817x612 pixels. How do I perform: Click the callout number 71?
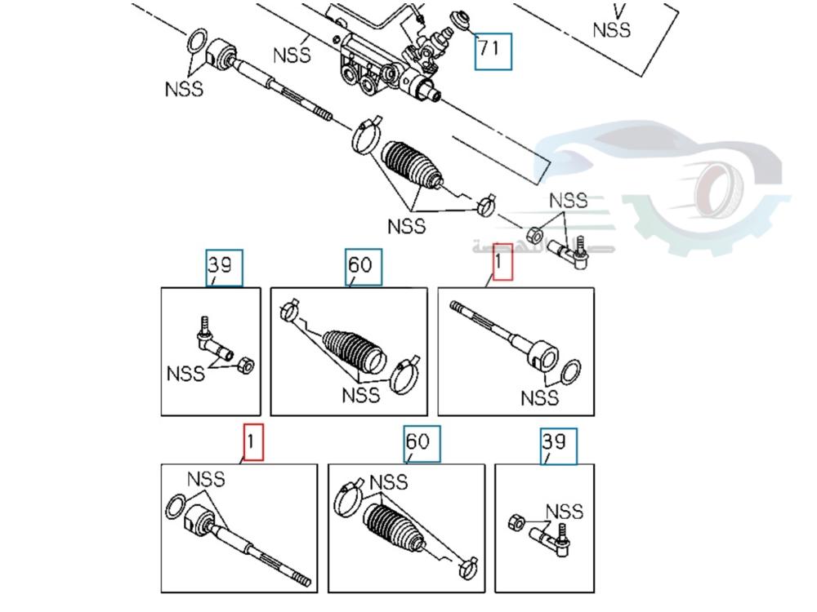point(493,50)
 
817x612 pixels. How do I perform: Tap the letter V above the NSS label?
point(619,11)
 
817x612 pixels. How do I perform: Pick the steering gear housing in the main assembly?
point(384,57)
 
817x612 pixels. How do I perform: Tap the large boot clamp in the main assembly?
point(364,134)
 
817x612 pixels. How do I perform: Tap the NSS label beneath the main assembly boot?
point(407,224)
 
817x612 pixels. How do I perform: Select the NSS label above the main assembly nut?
point(568,200)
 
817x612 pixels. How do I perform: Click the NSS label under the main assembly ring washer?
point(184,89)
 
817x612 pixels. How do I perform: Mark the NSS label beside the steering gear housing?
point(292,55)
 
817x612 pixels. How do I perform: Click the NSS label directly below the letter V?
point(612,30)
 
